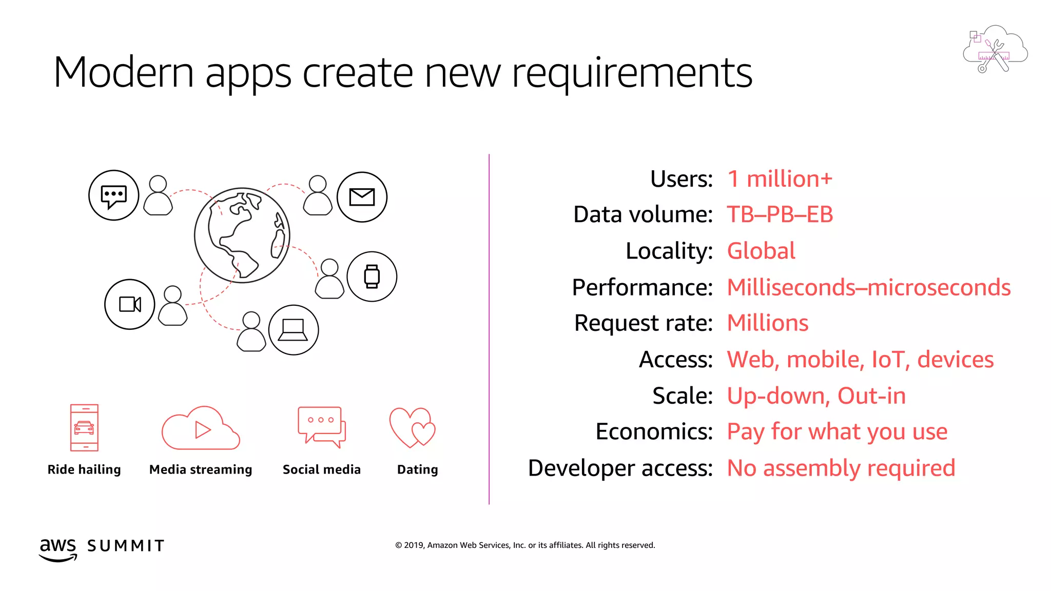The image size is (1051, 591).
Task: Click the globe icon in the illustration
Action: [x=242, y=235]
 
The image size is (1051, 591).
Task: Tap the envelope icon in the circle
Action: [x=362, y=197]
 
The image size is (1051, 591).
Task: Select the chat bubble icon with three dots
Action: [x=113, y=195]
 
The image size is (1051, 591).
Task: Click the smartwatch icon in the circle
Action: [x=372, y=277]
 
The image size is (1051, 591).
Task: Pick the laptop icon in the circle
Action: [x=293, y=330]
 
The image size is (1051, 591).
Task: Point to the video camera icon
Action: [x=130, y=304]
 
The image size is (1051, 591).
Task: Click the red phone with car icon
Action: [x=84, y=427]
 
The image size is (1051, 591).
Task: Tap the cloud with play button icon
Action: [x=201, y=429]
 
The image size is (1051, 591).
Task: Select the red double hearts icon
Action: [x=412, y=427]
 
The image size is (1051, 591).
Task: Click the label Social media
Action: [x=322, y=469]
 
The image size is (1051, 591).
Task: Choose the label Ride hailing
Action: [x=84, y=469]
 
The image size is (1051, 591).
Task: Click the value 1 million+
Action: [x=780, y=179]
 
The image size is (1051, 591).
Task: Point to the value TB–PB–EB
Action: [x=780, y=214]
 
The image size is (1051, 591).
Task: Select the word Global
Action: [x=761, y=251]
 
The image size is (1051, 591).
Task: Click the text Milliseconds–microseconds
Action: [x=868, y=287]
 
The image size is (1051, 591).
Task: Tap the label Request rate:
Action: [x=643, y=323]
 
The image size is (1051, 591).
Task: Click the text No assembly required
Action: [x=841, y=468]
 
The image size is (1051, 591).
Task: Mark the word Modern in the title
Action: [x=123, y=73]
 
